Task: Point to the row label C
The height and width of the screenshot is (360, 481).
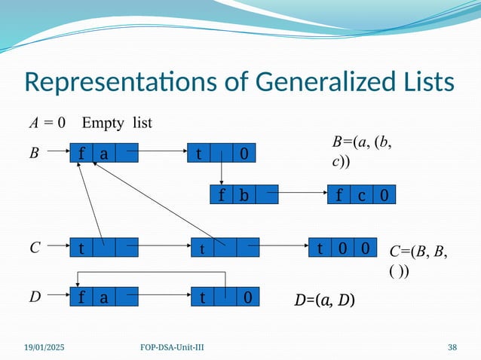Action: pyautogui.click(x=34, y=246)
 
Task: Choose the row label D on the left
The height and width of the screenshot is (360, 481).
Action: pyautogui.click(x=34, y=297)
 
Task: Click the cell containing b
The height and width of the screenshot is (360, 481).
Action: pyautogui.click(x=244, y=196)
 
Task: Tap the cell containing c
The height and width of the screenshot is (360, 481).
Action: pyautogui.click(x=362, y=196)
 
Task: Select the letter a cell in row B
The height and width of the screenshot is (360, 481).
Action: pyautogui.click(x=103, y=154)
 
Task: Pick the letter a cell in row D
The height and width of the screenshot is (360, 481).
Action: pyautogui.click(x=103, y=297)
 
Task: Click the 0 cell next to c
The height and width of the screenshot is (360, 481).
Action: pyautogui.click(x=384, y=196)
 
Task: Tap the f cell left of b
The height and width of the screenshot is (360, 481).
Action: pyautogui.click(x=222, y=196)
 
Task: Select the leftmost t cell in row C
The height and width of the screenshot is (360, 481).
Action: pyautogui.click(x=81, y=246)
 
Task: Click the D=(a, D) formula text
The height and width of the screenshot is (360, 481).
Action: pyautogui.click(x=325, y=301)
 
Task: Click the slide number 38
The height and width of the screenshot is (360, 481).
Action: pyautogui.click(x=452, y=347)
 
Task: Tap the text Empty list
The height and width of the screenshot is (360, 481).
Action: pyautogui.click(x=117, y=121)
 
